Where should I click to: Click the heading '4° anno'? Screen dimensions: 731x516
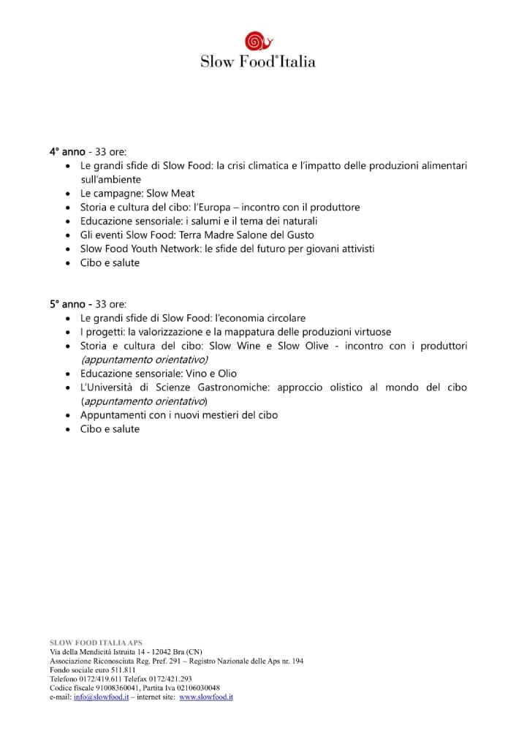click(x=67, y=152)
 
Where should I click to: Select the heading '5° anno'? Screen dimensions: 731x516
click(x=67, y=304)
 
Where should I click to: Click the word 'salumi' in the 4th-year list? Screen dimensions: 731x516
click(x=208, y=221)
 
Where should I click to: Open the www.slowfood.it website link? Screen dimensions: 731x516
click(x=206, y=697)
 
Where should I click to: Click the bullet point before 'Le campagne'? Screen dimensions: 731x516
click(x=67, y=194)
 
